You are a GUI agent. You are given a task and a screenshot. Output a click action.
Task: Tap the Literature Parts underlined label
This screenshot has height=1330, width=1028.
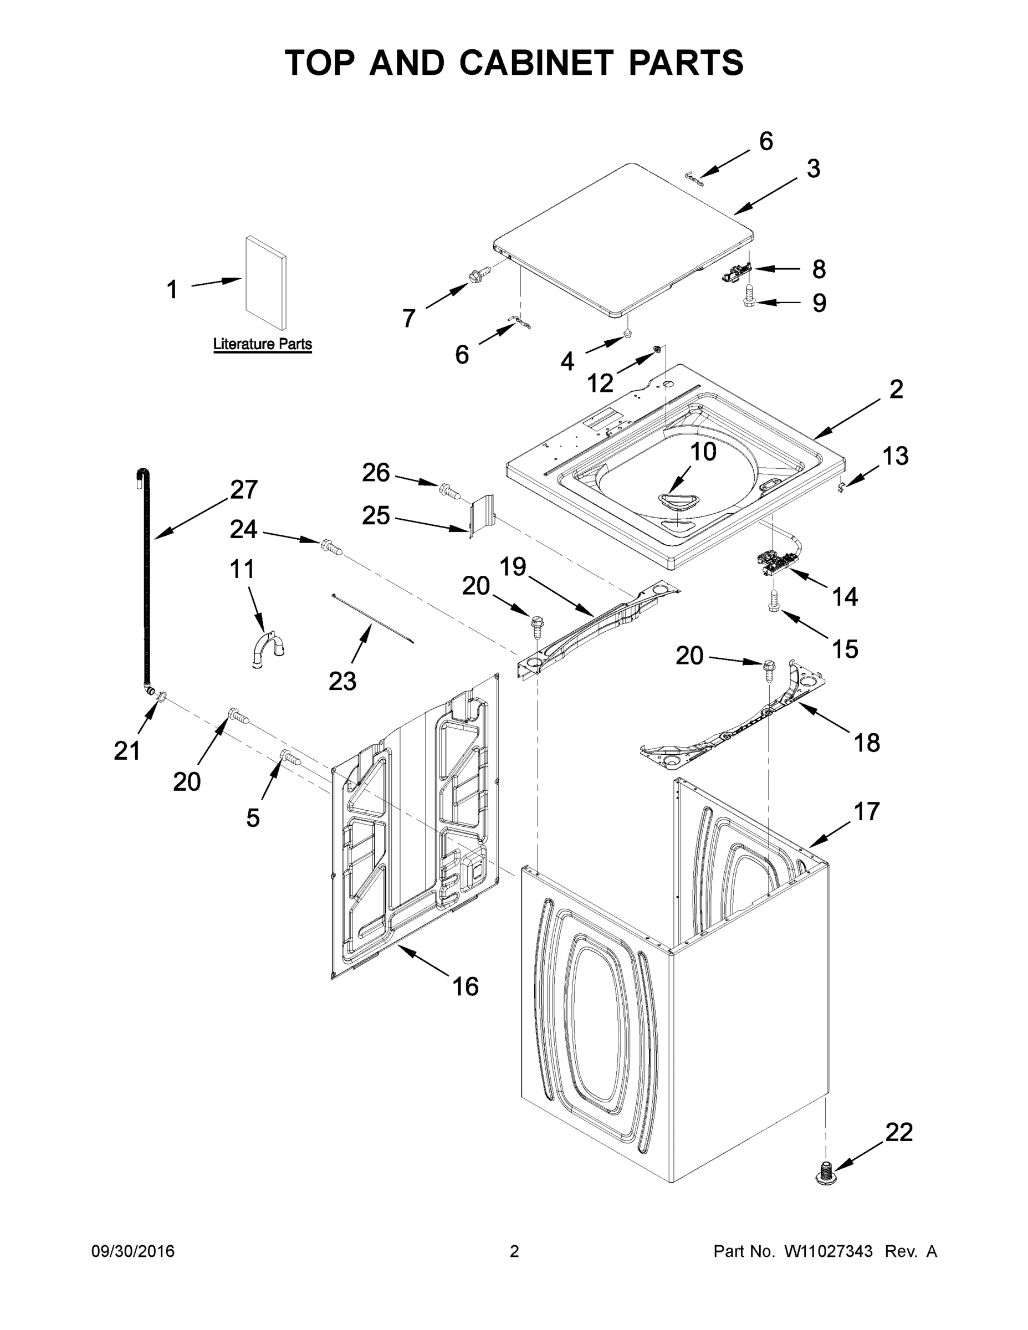[x=263, y=344]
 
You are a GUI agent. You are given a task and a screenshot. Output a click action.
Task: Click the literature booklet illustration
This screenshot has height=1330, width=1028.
[x=266, y=282]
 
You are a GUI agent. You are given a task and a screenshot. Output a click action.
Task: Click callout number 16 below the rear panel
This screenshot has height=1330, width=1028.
[x=466, y=986]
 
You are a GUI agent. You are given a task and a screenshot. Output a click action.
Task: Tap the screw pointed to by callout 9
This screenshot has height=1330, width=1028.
[x=750, y=295]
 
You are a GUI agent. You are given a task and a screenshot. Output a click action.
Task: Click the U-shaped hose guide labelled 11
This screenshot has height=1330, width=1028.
[x=267, y=651]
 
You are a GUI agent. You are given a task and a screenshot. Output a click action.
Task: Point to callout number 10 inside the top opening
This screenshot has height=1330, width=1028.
[x=703, y=451]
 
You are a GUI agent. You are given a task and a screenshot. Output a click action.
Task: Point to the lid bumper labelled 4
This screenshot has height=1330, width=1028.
[x=627, y=332]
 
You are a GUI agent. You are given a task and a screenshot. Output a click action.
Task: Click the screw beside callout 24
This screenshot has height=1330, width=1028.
[x=331, y=546]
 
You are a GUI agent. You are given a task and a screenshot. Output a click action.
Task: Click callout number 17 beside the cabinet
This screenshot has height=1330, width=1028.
[x=867, y=811]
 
